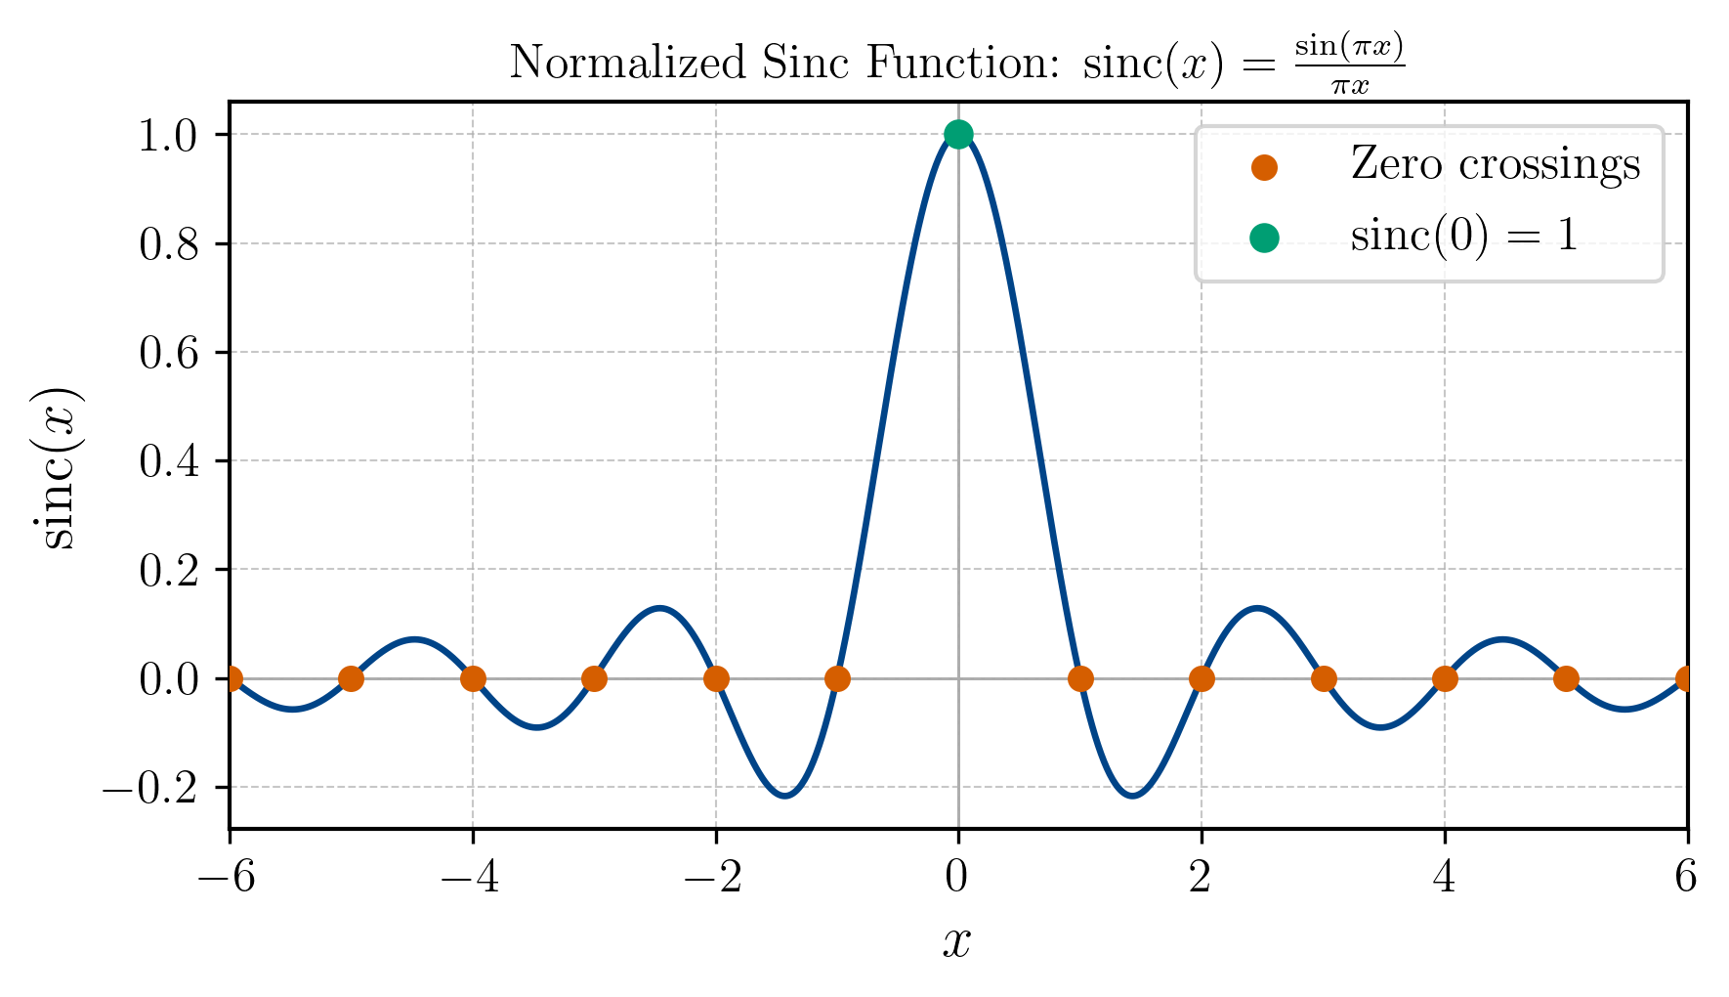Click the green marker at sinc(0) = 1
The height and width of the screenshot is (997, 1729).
pyautogui.click(x=958, y=134)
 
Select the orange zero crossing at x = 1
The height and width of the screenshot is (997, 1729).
pyautogui.click(x=1080, y=678)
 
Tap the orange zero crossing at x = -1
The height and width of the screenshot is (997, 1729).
pyautogui.click(x=837, y=678)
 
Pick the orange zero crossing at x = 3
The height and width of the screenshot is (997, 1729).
pyautogui.click(x=1324, y=678)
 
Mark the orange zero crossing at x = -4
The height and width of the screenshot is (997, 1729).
pyautogui.click(x=473, y=678)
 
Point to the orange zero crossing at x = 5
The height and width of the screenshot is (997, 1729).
pyautogui.click(x=1566, y=678)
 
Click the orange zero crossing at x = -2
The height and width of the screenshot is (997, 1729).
pyautogui.click(x=716, y=678)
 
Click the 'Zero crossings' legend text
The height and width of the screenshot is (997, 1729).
pyautogui.click(x=1495, y=164)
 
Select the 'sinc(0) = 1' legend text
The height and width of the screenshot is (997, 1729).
pyautogui.click(x=1463, y=237)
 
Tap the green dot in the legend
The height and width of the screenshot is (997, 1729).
pyautogui.click(x=1264, y=238)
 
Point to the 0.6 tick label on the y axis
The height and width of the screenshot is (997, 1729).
pyautogui.click(x=168, y=353)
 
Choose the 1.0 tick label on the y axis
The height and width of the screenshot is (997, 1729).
pyautogui.click(x=168, y=135)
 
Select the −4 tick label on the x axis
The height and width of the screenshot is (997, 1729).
pyautogui.click(x=470, y=878)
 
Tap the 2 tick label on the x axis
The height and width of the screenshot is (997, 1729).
pyautogui.click(x=1201, y=878)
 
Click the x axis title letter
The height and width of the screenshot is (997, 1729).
pyautogui.click(x=957, y=942)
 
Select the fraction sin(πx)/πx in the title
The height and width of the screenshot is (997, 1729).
pyautogui.click(x=1350, y=65)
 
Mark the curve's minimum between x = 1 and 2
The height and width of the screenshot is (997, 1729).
pyautogui.click(x=1132, y=796)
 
